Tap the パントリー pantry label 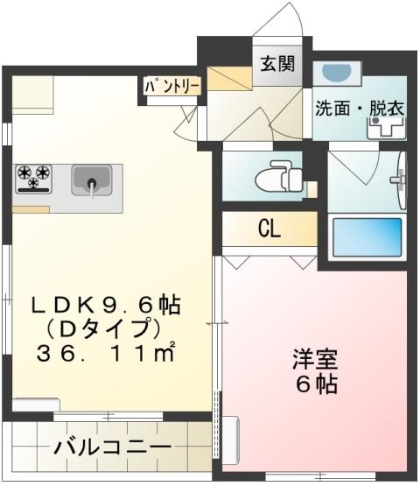tap(173, 86)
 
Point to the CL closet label tap(269, 229)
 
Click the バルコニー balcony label tap(112, 447)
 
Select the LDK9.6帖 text tap(106, 306)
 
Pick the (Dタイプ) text tap(106, 330)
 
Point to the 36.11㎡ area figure tap(106, 355)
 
